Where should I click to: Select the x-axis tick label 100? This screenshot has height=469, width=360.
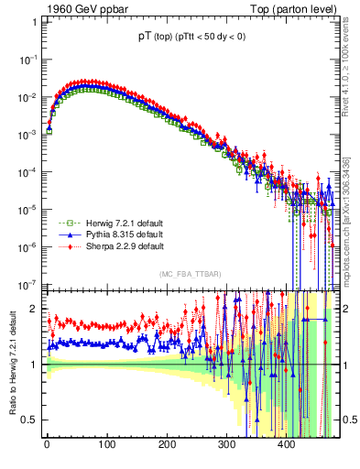106,444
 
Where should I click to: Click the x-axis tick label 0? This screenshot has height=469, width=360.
47,444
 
